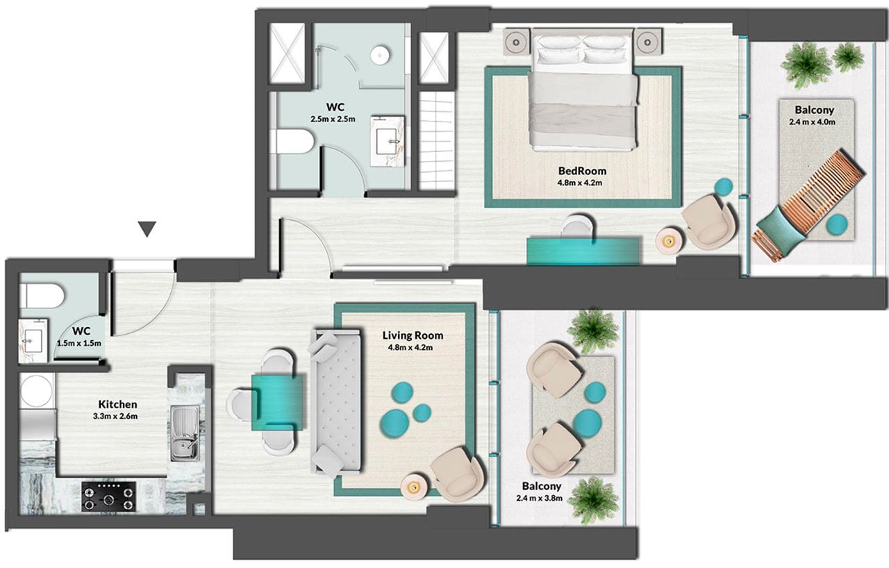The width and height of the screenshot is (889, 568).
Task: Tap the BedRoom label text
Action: pyautogui.click(x=582, y=171)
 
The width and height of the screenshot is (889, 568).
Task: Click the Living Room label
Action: pyautogui.click(x=413, y=335)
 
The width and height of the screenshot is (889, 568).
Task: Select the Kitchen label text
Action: pyautogui.click(x=118, y=404)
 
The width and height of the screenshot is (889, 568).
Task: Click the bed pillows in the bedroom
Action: pyautogui.click(x=583, y=53)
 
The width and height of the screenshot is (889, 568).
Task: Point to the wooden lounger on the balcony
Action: pyautogui.click(x=813, y=204)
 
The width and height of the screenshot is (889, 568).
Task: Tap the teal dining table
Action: pyautogui.click(x=278, y=401)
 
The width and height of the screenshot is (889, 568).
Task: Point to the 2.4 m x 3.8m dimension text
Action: pyautogui.click(x=539, y=498)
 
